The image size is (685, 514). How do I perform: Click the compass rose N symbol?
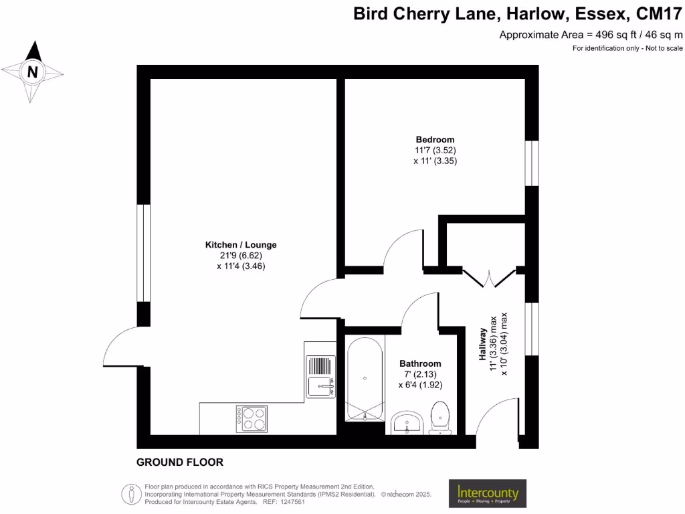32,71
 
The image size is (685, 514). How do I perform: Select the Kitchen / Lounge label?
241,245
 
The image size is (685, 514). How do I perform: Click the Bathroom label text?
420,363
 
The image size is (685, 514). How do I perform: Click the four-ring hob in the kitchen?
250,418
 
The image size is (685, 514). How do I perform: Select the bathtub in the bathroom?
365,377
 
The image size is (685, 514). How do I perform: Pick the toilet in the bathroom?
440,416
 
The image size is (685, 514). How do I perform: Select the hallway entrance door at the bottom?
498,422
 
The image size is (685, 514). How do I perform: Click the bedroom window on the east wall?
532,163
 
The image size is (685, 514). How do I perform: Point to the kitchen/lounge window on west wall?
143,252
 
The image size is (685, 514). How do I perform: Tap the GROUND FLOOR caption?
179,462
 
